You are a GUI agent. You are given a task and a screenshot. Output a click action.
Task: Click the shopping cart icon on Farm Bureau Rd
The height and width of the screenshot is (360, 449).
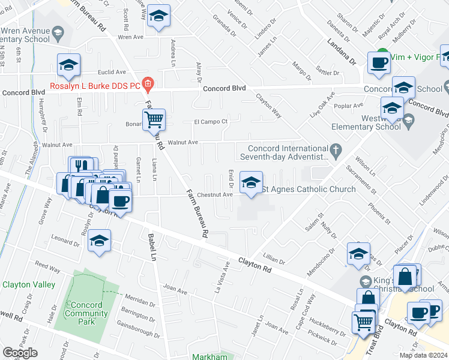pyautogui.click(x=154, y=119)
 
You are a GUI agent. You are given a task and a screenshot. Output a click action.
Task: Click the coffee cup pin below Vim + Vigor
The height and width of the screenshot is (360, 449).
pyautogui.click(x=379, y=63)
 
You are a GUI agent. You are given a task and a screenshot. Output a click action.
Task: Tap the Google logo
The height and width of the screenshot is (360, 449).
pyautogui.click(x=20, y=353)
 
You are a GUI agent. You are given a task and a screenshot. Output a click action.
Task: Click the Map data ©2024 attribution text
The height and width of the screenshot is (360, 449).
pyautogui.click(x=423, y=355)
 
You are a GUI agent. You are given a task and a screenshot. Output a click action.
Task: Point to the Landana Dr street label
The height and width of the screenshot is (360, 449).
pyautogui.click(x=341, y=51)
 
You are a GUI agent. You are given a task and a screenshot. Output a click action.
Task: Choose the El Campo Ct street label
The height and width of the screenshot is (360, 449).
pyautogui.click(x=209, y=121)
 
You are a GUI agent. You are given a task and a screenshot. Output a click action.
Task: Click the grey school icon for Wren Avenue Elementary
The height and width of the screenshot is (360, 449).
pyautogui.click(x=58, y=31)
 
